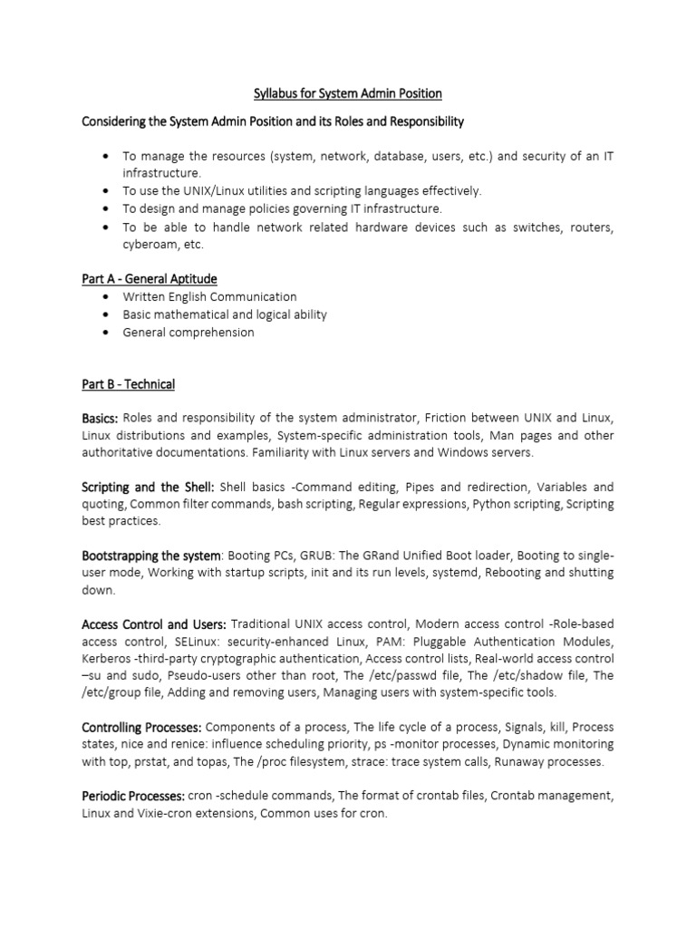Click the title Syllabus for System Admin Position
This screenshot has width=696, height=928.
click(x=347, y=93)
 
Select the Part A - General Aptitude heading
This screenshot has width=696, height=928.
click(x=150, y=278)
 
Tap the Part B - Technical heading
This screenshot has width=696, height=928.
click(x=128, y=384)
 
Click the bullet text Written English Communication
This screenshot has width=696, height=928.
click(x=209, y=296)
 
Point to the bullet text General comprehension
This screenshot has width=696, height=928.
click(x=188, y=332)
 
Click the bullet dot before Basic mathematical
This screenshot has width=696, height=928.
click(x=109, y=314)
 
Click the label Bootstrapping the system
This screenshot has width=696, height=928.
click(x=151, y=555)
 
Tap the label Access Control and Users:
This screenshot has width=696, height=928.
click(x=154, y=624)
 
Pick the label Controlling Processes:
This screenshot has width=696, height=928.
click(x=142, y=728)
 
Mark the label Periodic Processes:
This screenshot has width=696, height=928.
click(x=133, y=796)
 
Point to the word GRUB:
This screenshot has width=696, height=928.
click(x=307, y=555)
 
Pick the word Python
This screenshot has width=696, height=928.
click(x=494, y=504)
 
